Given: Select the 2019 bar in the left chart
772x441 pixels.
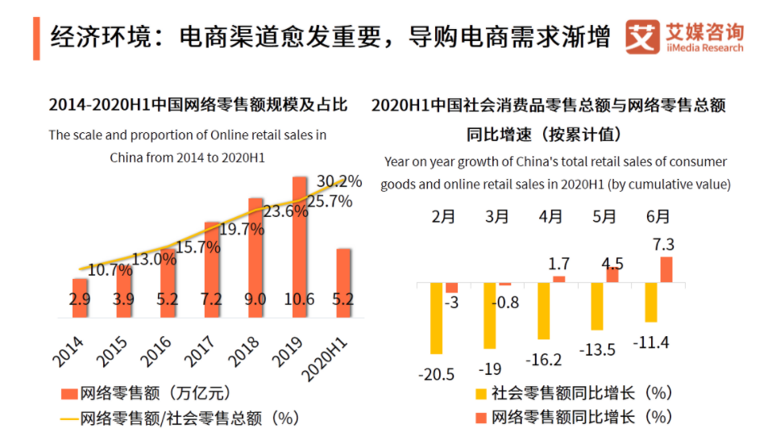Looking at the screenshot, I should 300,242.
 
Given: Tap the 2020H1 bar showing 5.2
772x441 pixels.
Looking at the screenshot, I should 343,278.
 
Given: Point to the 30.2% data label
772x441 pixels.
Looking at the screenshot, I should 340,181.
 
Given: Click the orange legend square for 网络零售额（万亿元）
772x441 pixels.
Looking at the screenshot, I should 68,394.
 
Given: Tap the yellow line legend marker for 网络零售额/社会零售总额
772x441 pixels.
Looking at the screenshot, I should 68,418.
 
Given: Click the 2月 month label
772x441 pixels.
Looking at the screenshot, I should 444,217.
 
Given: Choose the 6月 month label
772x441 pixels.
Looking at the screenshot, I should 658,217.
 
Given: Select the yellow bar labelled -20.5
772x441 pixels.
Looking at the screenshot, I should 437,318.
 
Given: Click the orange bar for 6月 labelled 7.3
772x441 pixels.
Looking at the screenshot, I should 666,269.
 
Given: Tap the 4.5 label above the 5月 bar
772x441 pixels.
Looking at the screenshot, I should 612,264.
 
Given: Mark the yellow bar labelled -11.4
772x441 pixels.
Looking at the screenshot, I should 651,302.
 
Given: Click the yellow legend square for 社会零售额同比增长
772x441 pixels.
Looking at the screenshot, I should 481,394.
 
